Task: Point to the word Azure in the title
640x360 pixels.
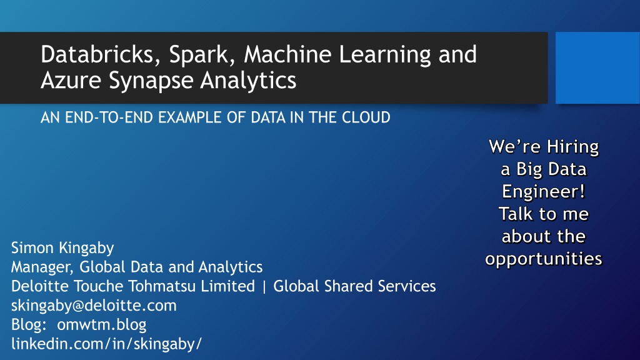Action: coord(71,80)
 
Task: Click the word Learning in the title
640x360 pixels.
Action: coord(385,56)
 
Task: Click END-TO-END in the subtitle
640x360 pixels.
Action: coord(109,117)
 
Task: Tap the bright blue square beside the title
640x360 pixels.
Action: coord(597,67)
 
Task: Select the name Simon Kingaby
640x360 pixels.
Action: coord(62,248)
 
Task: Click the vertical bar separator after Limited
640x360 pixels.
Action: coord(264,286)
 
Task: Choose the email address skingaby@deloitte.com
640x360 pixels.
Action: coord(94,306)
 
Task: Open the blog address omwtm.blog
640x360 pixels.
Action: coord(102,325)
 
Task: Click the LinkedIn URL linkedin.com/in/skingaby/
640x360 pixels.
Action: coord(106,344)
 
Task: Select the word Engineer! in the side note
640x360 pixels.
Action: coord(544,191)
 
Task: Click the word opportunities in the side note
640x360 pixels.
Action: coord(544,259)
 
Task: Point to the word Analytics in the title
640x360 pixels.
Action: coord(248,81)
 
